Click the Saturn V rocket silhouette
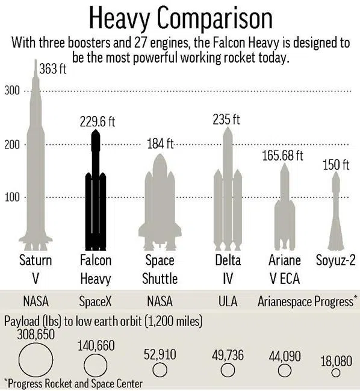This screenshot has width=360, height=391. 35,168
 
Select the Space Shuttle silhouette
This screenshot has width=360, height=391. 160,205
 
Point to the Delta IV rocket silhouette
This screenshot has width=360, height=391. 228,192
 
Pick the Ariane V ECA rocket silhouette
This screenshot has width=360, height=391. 285,211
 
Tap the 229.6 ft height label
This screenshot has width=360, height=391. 97,122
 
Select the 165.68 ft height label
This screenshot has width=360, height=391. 282,156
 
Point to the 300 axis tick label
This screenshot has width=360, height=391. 13,91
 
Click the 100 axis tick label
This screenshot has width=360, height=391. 13,197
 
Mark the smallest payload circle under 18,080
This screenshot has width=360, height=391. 335,373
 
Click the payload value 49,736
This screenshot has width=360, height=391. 228,355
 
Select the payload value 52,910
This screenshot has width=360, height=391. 160,355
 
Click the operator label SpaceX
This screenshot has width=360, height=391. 95,301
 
